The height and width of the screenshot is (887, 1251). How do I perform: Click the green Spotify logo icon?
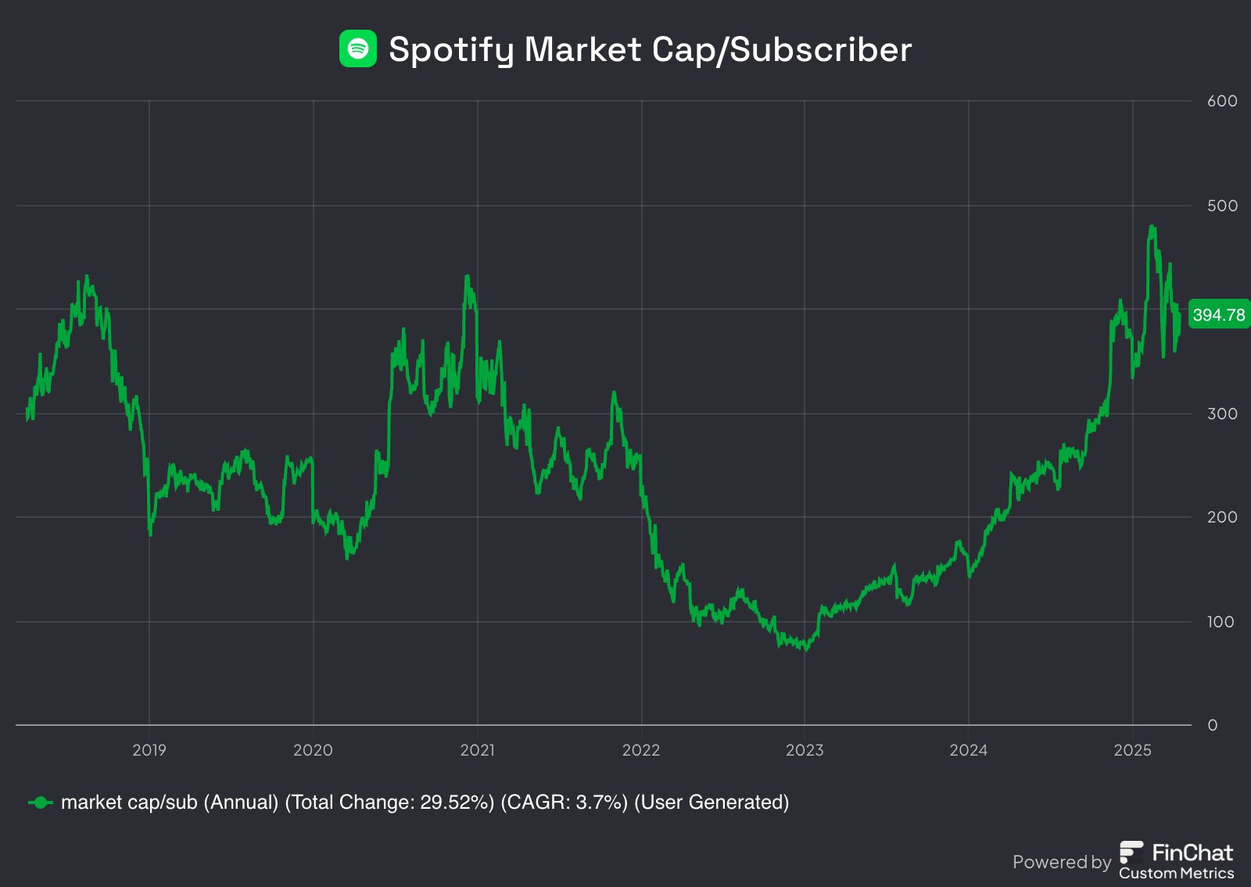pyautogui.click(x=357, y=48)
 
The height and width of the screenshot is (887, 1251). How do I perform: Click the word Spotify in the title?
pyautogui.click(x=450, y=50)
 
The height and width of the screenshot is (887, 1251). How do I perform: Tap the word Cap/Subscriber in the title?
pyautogui.click(x=781, y=50)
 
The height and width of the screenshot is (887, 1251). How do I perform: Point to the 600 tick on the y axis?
pyautogui.click(x=1222, y=101)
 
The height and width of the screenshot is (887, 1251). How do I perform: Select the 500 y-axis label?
pyautogui.click(x=1222, y=206)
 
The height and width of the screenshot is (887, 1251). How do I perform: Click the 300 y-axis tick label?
pyautogui.click(x=1222, y=414)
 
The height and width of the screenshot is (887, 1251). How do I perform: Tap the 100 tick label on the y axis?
pyautogui.click(x=1221, y=622)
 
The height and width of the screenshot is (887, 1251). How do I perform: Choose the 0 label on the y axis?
pyautogui.click(x=1213, y=725)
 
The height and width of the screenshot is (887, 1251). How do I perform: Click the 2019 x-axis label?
pyautogui.click(x=149, y=750)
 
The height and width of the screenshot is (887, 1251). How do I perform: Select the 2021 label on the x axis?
pyautogui.click(x=477, y=750)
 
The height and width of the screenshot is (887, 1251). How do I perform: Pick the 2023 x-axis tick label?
pyautogui.click(x=805, y=750)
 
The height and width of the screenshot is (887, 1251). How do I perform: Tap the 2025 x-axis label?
pyautogui.click(x=1132, y=750)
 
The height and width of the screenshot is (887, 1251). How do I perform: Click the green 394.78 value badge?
pyautogui.click(x=1218, y=314)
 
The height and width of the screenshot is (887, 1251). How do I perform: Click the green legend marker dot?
pyautogui.click(x=41, y=803)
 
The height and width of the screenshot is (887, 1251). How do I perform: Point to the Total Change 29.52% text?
pyautogui.click(x=389, y=803)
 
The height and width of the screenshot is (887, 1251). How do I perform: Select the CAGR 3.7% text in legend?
pyautogui.click(x=564, y=803)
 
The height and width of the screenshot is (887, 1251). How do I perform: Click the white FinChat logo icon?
pyautogui.click(x=1131, y=853)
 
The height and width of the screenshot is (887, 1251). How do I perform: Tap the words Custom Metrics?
pyautogui.click(x=1176, y=873)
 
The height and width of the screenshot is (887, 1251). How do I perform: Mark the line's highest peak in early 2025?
pyautogui.click(x=1152, y=227)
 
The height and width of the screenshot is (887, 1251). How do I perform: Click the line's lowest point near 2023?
pyautogui.click(x=806, y=649)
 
